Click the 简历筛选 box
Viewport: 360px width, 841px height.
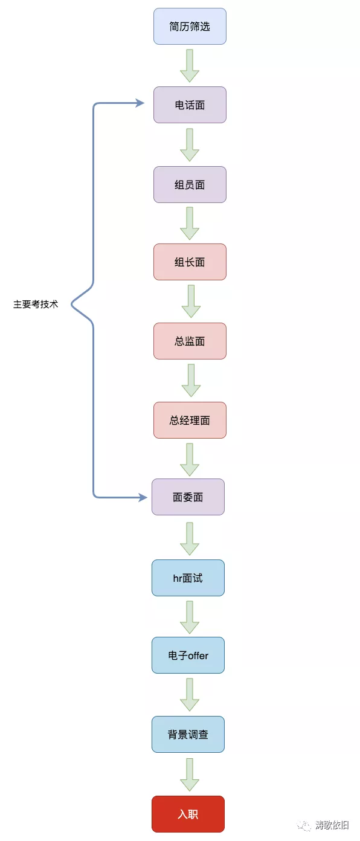(x=190, y=27)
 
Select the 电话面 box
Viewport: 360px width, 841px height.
(x=190, y=105)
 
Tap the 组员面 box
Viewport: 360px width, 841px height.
(x=190, y=184)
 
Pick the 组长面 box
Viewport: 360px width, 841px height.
(x=190, y=262)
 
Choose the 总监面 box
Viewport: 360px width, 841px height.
(x=190, y=341)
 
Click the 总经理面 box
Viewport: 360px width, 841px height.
(x=190, y=420)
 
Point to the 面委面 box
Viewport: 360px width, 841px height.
(x=188, y=497)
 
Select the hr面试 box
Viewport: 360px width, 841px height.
(x=188, y=578)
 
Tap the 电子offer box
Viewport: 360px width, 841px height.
(x=188, y=655)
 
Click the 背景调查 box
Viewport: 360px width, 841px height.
(x=188, y=735)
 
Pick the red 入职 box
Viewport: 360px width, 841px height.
(x=188, y=814)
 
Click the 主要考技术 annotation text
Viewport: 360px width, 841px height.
(x=36, y=304)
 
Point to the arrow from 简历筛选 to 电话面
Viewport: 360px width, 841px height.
(x=190, y=66)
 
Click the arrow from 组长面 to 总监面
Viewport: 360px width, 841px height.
(x=191, y=301)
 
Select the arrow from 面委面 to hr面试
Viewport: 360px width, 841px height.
(x=190, y=538)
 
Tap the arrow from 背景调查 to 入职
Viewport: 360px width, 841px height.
(x=190, y=775)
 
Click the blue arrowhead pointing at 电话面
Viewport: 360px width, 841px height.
(x=140, y=103)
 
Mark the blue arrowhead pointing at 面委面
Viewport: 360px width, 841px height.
(x=143, y=497)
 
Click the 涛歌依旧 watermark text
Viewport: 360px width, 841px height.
(x=332, y=825)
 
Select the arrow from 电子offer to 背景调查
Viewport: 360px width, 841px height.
(x=190, y=695)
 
